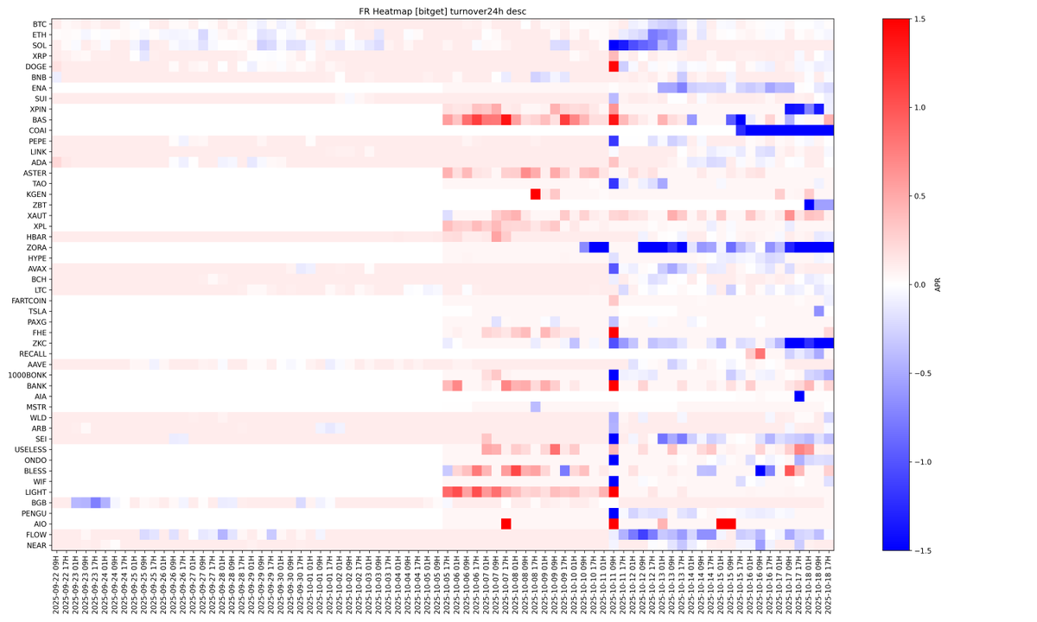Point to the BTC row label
click(x=39, y=24)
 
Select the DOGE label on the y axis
click(x=35, y=67)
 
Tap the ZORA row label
click(x=36, y=247)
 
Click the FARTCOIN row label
click(x=29, y=301)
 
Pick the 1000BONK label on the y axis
click(x=29, y=375)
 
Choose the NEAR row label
click(x=36, y=545)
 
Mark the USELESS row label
click(x=31, y=449)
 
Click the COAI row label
click(x=37, y=130)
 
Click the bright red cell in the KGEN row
click(x=535, y=194)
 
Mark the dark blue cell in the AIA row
click(x=799, y=396)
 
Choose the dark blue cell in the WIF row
click(x=614, y=481)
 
